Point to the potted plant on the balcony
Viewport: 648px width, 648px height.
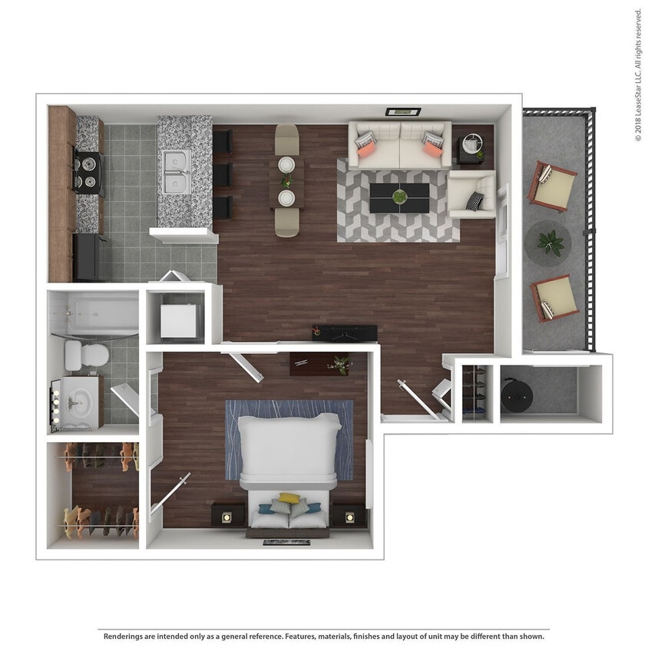[x=550, y=243]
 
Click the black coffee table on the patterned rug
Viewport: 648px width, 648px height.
[x=399, y=197]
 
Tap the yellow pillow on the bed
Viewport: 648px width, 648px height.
[x=289, y=498]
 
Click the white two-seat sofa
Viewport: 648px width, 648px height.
[x=399, y=144]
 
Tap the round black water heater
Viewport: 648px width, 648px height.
[x=517, y=393]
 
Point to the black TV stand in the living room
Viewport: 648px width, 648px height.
[x=345, y=332]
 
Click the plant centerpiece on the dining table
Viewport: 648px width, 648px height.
[x=287, y=182]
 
